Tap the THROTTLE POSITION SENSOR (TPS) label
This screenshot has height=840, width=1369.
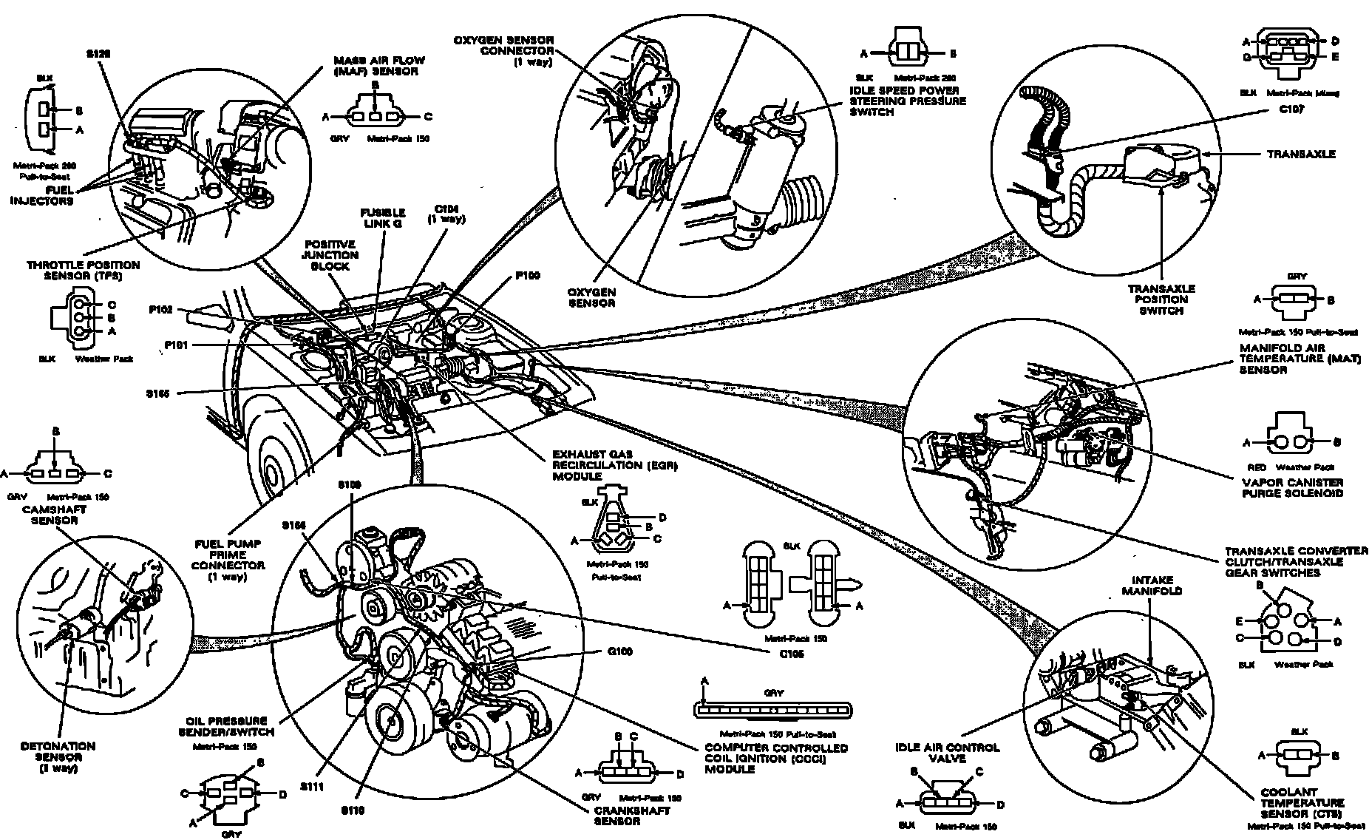83,270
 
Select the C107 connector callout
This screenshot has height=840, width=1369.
1289,109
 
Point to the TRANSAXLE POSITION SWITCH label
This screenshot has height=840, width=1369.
1161,299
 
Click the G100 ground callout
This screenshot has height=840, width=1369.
619,652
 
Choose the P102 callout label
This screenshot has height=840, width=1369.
160,311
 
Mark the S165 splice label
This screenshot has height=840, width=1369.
158,394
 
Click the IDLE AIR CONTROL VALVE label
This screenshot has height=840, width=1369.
947,753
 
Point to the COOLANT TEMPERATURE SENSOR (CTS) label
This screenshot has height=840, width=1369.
1302,802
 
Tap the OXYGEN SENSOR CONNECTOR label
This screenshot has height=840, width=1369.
517,50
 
